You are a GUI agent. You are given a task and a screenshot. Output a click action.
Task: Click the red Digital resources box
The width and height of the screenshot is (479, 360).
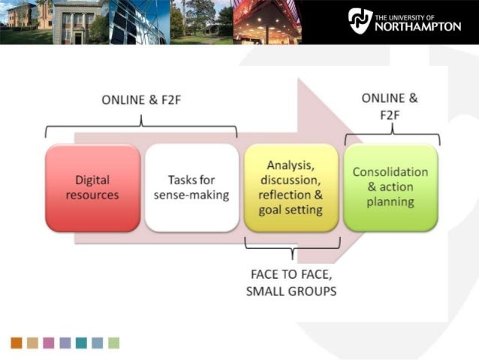(x=92, y=188)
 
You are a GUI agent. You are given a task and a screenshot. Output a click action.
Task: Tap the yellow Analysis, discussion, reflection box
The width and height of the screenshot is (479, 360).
(x=291, y=188)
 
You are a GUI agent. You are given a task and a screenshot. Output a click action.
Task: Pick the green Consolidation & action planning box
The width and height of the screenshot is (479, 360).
(x=390, y=188)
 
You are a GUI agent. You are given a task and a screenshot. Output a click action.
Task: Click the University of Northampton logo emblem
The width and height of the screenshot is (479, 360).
(x=360, y=20)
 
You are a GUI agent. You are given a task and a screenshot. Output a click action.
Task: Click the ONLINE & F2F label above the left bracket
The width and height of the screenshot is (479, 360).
(x=140, y=100)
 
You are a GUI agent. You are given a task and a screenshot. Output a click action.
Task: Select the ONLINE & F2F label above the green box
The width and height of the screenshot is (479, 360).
(x=390, y=106)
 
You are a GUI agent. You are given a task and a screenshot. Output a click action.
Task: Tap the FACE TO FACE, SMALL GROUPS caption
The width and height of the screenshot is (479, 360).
(x=291, y=283)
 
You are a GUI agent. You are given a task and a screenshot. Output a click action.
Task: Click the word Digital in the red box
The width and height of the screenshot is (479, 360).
(x=92, y=180)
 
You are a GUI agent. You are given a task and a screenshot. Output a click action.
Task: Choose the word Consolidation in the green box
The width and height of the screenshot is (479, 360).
(x=390, y=172)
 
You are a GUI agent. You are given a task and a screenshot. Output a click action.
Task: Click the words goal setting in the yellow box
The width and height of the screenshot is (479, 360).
(x=291, y=210)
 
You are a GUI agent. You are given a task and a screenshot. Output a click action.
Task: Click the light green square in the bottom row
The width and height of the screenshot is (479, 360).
(x=114, y=343)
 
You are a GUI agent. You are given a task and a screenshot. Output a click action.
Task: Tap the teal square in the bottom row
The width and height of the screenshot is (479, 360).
(x=81, y=343)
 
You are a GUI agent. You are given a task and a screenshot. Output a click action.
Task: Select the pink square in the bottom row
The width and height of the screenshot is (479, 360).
(x=49, y=343)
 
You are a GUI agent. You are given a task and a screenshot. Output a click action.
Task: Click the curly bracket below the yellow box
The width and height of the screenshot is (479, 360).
(x=293, y=246)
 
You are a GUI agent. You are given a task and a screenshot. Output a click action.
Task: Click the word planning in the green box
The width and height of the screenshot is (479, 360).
(x=390, y=202)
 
